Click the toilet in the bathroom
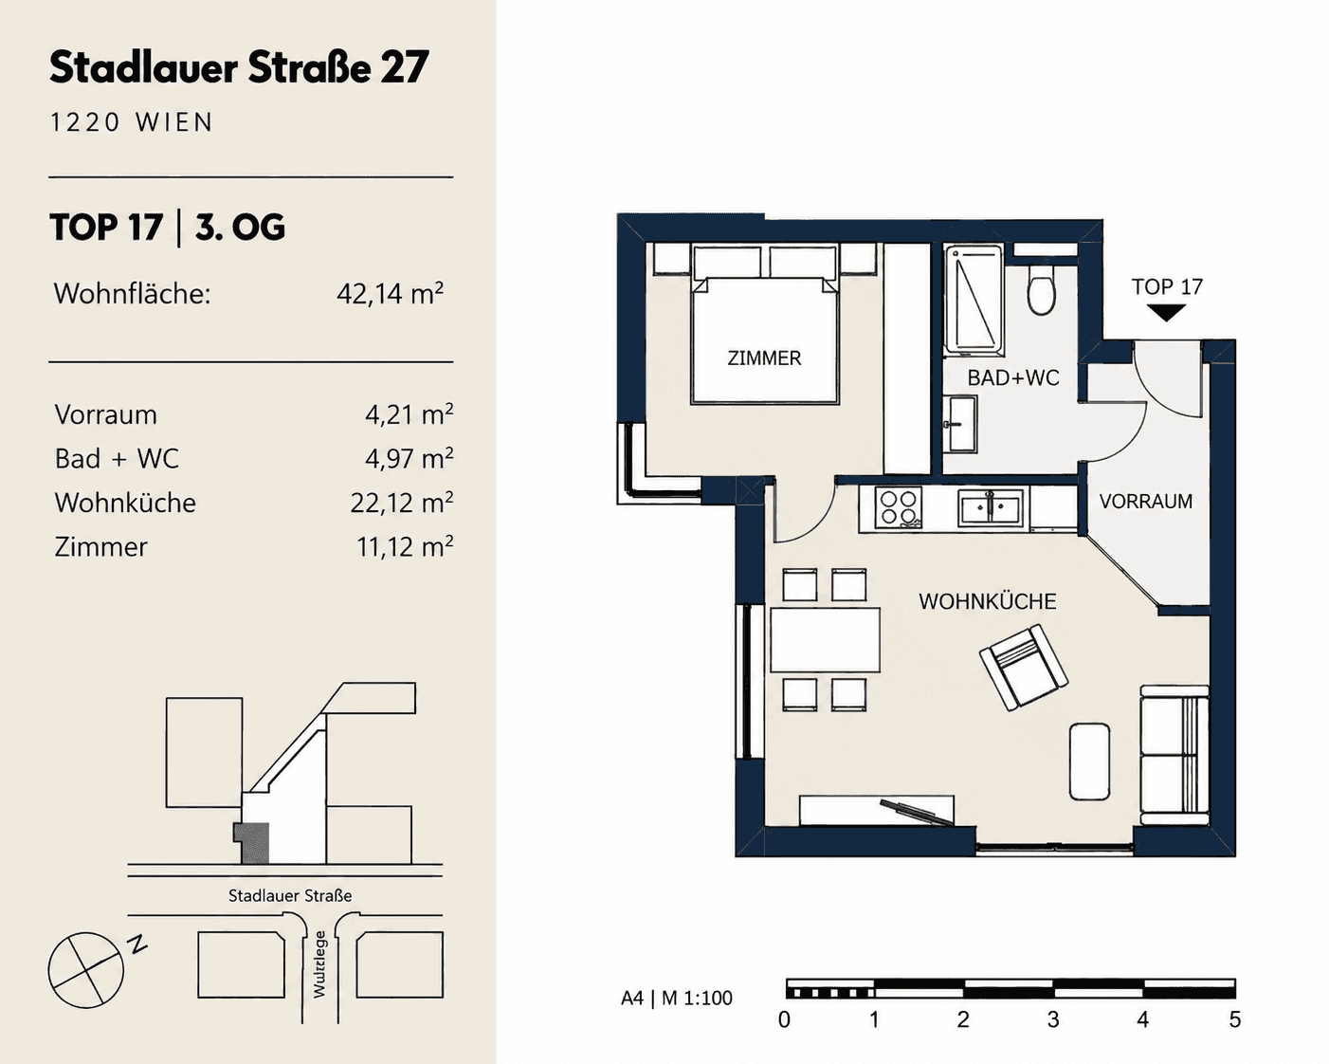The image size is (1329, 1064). click(1041, 290)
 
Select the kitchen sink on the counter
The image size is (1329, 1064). click(990, 508)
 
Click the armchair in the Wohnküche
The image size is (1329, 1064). click(1024, 668)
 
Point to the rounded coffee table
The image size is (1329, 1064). click(1089, 761)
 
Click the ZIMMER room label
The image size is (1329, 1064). click(764, 358)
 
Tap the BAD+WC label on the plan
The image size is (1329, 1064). click(1012, 377)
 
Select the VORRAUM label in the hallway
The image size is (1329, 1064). click(1146, 501)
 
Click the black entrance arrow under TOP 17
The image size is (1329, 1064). click(1166, 313)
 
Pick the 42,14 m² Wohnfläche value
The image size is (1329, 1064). click(390, 293)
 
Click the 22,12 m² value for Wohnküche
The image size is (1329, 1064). click(401, 503)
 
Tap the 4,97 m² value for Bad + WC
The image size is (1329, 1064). click(409, 458)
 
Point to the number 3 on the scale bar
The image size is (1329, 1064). click(1053, 1018)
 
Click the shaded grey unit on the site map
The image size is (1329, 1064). click(252, 843)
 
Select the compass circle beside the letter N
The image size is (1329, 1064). click(86, 970)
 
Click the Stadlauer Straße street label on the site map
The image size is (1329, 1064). click(290, 895)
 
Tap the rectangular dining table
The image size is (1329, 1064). click(825, 639)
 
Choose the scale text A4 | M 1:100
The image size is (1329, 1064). click(676, 998)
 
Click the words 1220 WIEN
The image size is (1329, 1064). click(132, 122)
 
